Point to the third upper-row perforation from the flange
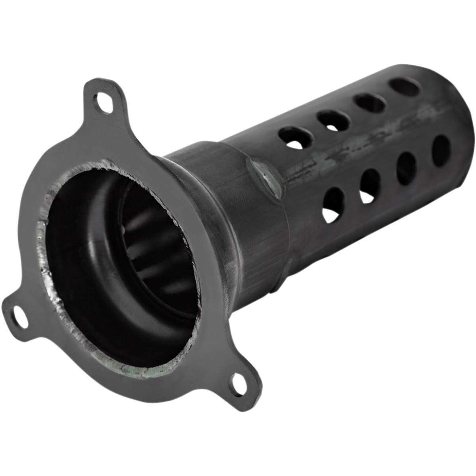pos(370,103)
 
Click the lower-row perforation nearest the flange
pos(334,204)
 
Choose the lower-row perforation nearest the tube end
pos(441,150)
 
